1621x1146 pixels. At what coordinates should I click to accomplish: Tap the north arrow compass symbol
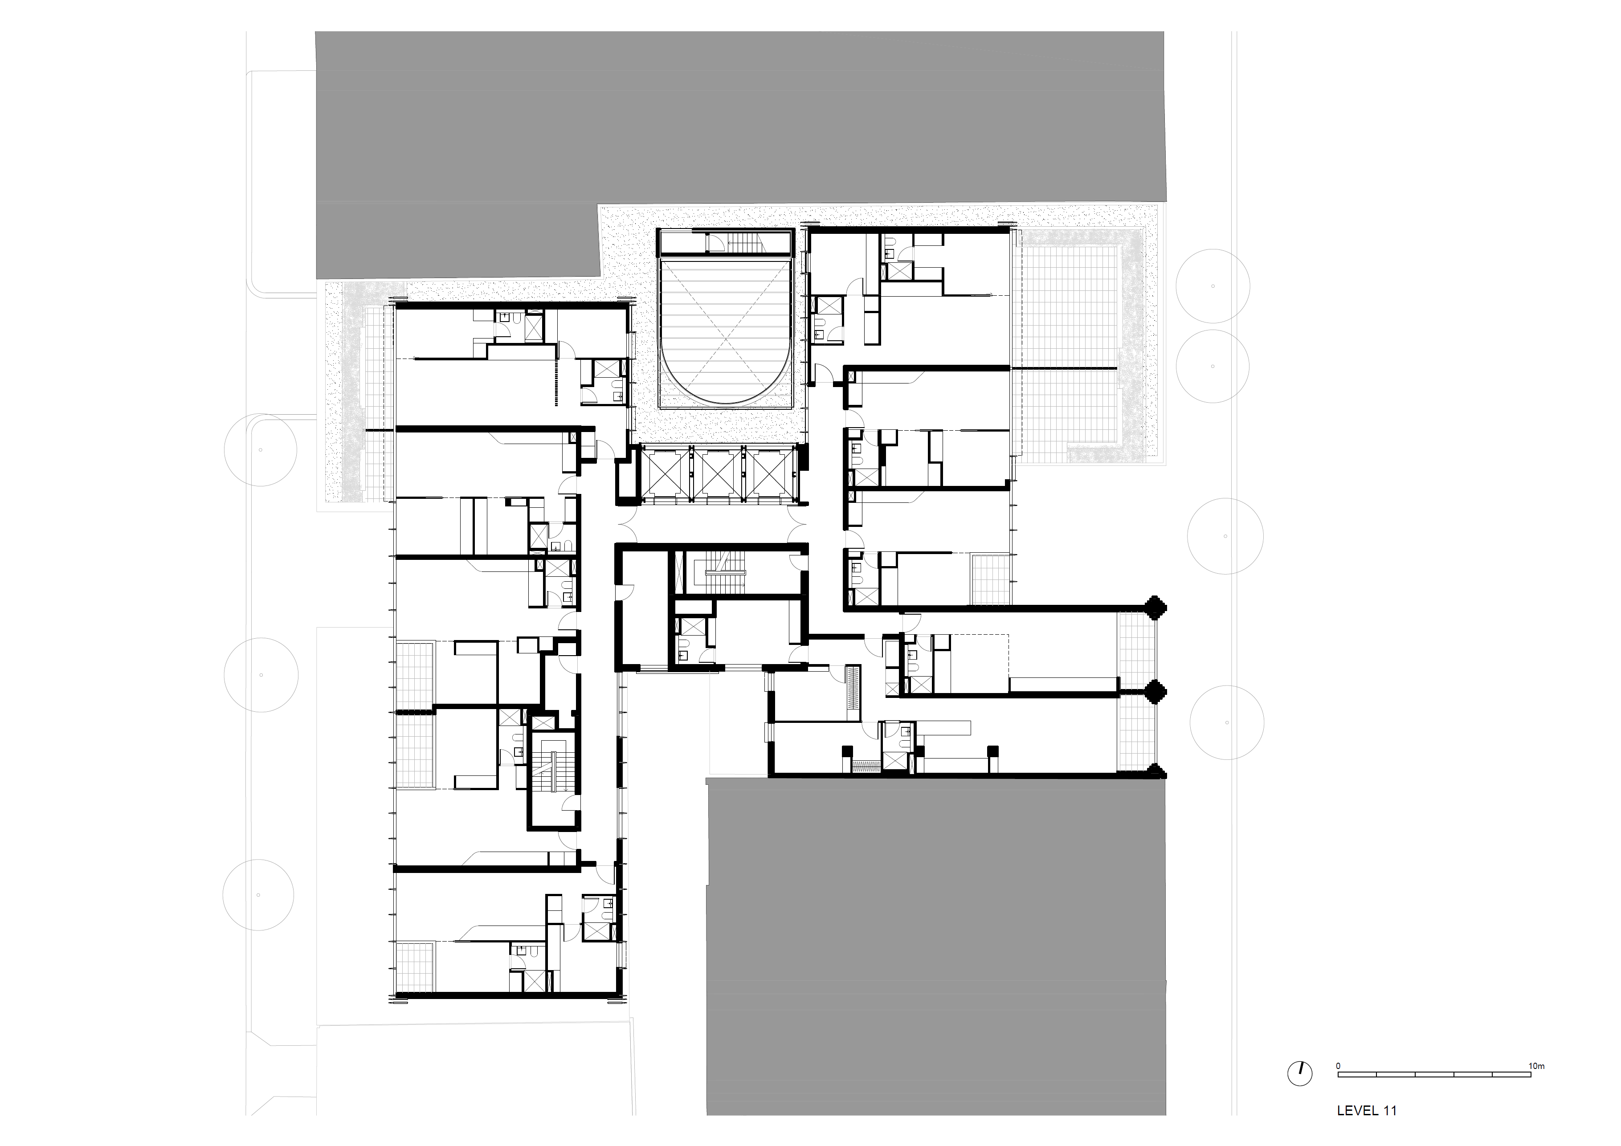[x=1300, y=1073]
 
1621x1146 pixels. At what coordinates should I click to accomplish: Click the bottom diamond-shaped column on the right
[x=1156, y=771]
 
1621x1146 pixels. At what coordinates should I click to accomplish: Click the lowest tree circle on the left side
[x=258, y=895]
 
